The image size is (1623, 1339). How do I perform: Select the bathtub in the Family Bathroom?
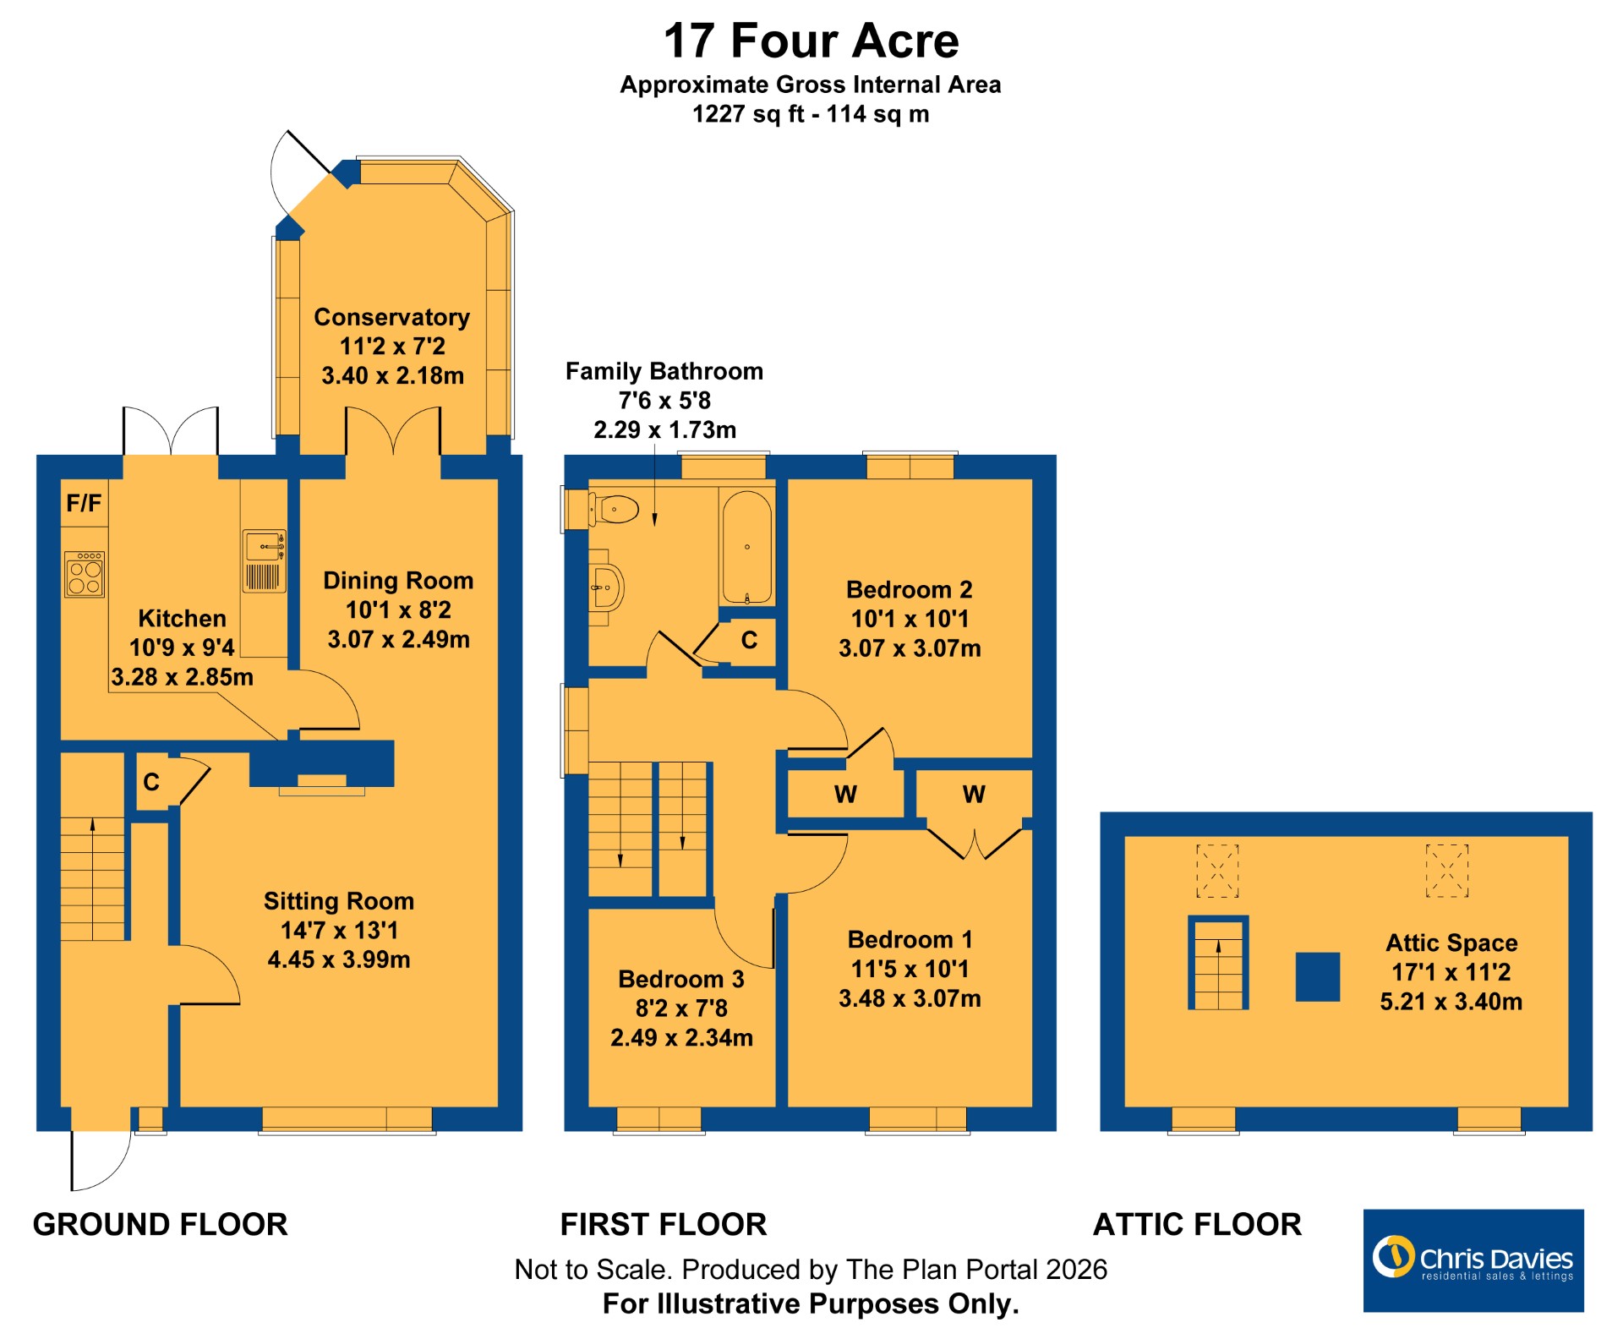point(746,548)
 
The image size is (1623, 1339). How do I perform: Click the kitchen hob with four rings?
point(85,574)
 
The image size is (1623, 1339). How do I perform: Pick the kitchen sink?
point(265,560)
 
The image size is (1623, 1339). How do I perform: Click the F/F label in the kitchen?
point(84,504)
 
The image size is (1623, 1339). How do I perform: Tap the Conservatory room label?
point(392,317)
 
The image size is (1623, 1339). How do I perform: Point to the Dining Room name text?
point(398,581)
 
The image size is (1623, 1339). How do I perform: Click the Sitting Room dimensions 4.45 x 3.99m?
point(339,959)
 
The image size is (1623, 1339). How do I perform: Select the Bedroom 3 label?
point(681,979)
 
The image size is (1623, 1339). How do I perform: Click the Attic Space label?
point(1451,943)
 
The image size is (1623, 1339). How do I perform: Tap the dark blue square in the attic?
point(1318,977)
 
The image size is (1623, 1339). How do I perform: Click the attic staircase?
point(1218,963)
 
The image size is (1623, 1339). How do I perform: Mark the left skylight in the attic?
point(1217,871)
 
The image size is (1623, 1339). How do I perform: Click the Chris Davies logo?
point(1473,1260)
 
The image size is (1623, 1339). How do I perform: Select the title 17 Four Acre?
point(811,41)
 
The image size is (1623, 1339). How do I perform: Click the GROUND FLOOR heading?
point(161,1224)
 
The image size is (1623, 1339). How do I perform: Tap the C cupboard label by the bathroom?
point(749,640)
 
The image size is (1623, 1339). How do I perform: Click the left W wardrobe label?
point(845,795)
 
